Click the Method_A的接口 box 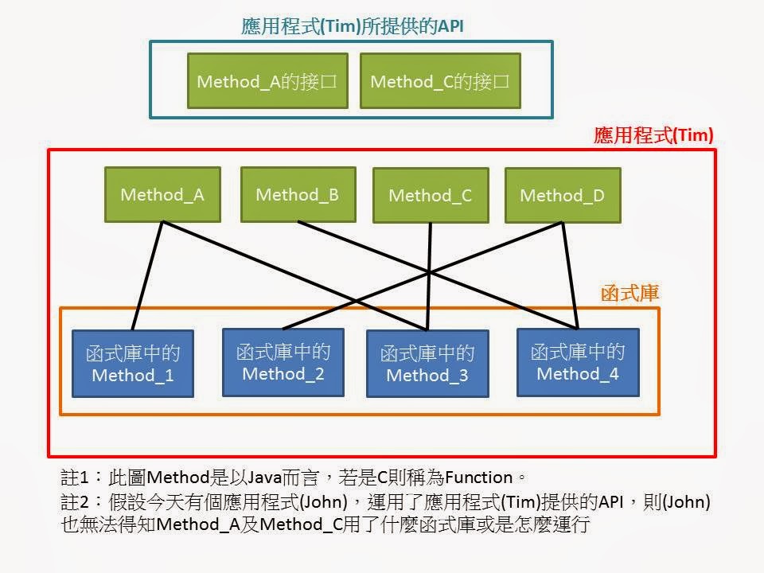pyautogui.click(x=267, y=80)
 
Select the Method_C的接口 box pyautogui.click(x=440, y=80)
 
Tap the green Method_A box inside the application pyautogui.click(x=162, y=194)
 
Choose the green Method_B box pyautogui.click(x=298, y=194)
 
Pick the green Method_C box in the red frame pyautogui.click(x=431, y=195)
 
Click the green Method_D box pyautogui.click(x=562, y=195)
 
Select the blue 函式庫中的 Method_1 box pyautogui.click(x=133, y=364)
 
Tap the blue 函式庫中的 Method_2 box pyautogui.click(x=283, y=362)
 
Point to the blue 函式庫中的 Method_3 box pyautogui.click(x=427, y=364)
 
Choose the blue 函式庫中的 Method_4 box pyautogui.click(x=578, y=362)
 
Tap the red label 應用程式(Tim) pyautogui.click(x=653, y=135)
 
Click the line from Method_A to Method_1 pyautogui.click(x=147, y=275)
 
